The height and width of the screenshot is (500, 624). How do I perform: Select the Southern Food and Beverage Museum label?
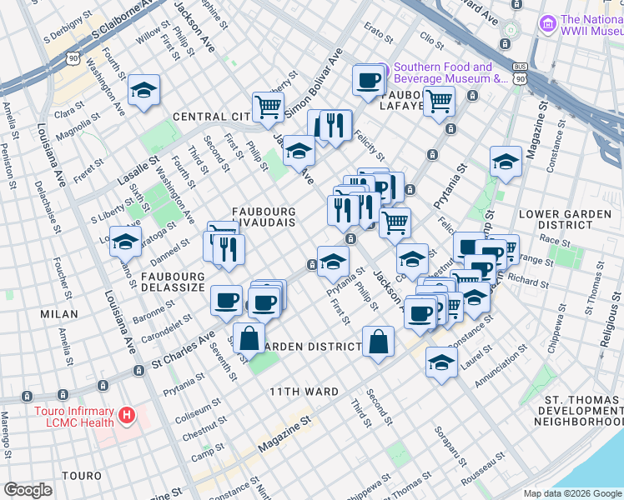[450, 73]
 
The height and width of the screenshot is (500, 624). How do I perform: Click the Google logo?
[28, 489]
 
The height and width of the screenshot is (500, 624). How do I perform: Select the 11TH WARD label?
[304, 391]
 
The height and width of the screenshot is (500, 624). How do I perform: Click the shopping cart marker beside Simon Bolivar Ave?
[267, 107]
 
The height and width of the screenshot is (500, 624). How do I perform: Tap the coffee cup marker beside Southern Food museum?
[368, 80]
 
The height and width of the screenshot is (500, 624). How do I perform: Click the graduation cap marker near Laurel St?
[441, 362]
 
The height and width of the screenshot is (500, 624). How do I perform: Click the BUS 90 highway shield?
[521, 74]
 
